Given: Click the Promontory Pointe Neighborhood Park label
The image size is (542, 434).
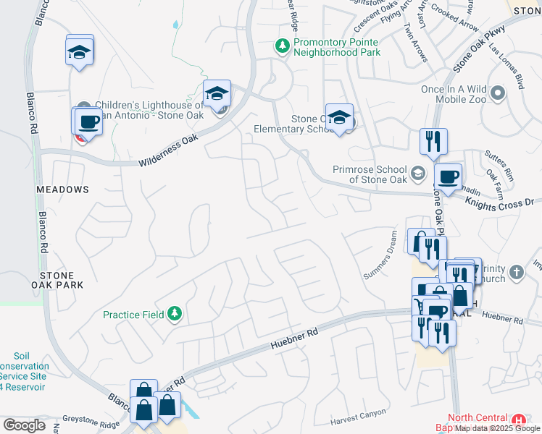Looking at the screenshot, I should tap(337, 47).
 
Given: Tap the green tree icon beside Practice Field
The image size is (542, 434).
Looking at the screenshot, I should tap(174, 314).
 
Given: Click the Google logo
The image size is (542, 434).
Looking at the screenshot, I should tap(24, 425).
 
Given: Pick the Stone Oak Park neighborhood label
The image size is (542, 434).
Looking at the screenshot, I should tap(62, 280).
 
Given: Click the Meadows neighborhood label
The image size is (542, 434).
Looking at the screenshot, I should tap(62, 190).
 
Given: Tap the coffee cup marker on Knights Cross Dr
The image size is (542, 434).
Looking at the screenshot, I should tap(447, 176).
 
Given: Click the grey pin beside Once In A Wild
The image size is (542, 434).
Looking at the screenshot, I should tap(498, 93).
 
